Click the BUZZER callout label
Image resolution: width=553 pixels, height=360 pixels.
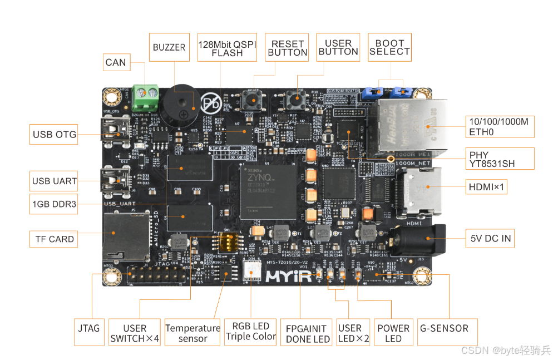pyautogui.click(x=169, y=47)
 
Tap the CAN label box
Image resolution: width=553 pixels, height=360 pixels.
pyautogui.click(x=116, y=62)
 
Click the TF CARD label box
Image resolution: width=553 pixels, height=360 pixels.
pyautogui.click(x=55, y=239)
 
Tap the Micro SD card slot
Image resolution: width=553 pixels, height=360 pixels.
pyautogui.click(x=125, y=236)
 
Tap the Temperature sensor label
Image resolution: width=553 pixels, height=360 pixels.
pyautogui.click(x=193, y=333)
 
